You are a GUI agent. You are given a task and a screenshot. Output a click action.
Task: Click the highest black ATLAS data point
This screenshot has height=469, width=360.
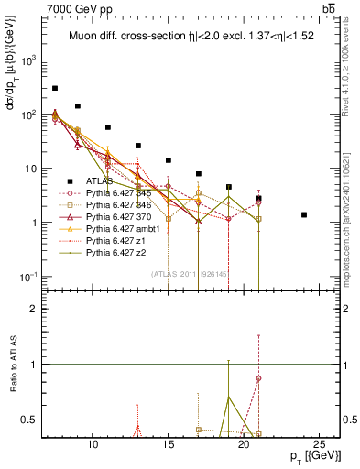pyautogui.click(x=55, y=88)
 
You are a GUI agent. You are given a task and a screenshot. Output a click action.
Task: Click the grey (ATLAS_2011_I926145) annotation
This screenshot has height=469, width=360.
pyautogui.click(x=190, y=273)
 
